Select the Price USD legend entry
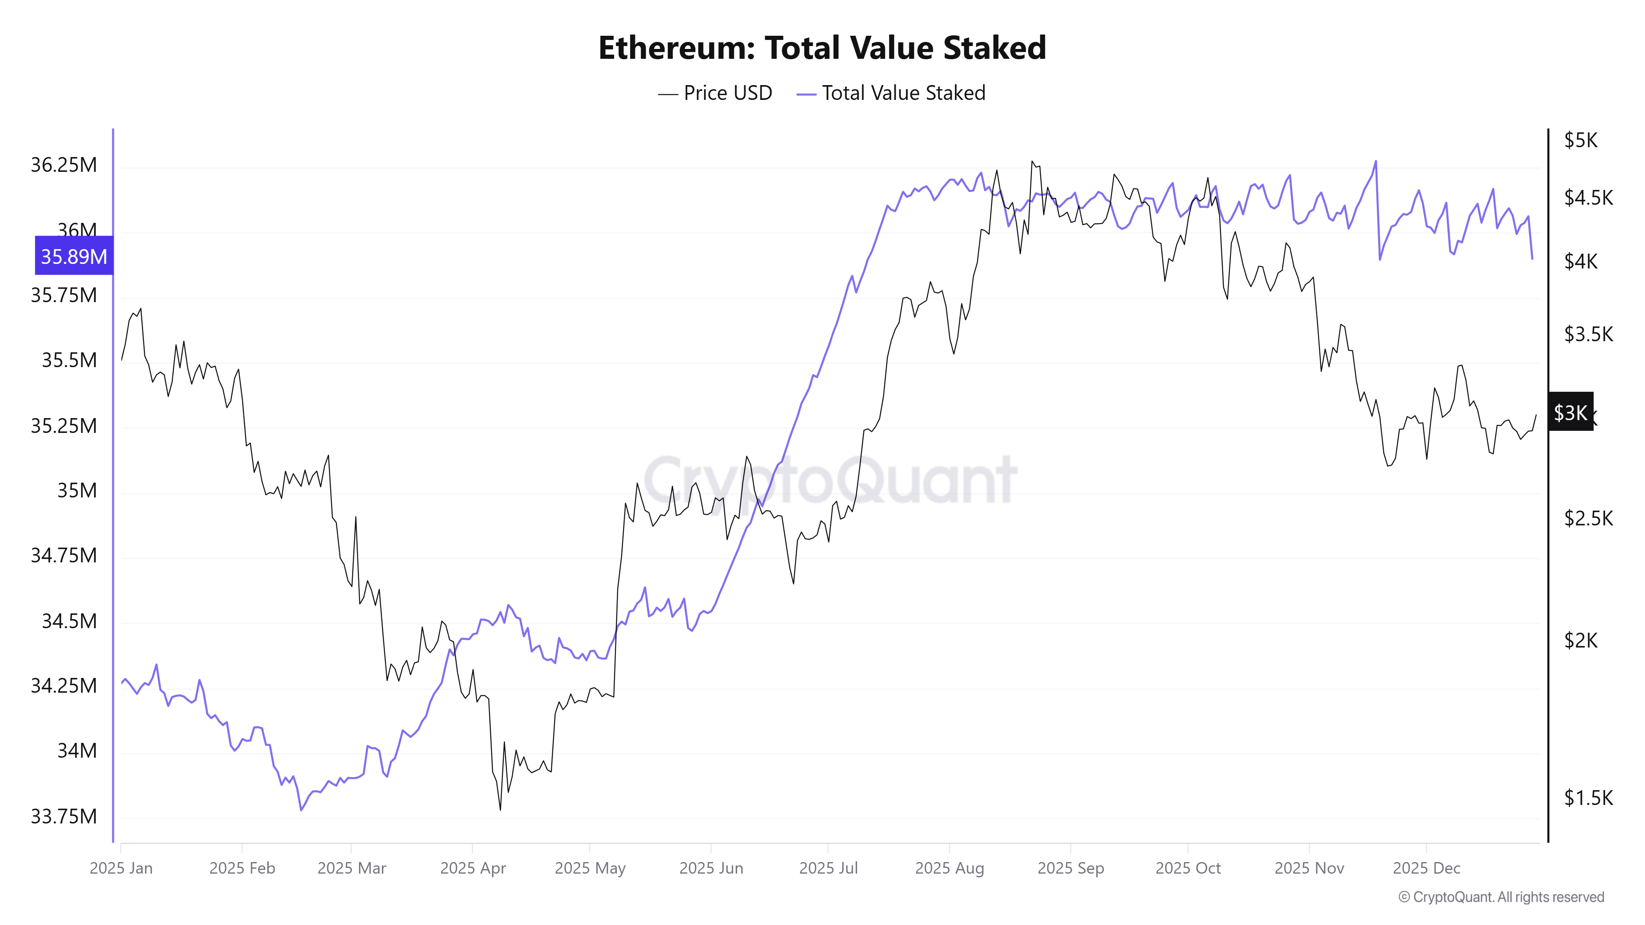[715, 93]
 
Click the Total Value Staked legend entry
[892, 93]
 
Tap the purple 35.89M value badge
[74, 256]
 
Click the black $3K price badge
[1570, 412]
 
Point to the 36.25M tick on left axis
[64, 165]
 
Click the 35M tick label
[76, 490]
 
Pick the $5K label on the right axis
[1580, 141]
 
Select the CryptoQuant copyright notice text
[1501, 897]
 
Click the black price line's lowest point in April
[500, 810]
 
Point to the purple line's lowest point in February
[301, 810]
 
